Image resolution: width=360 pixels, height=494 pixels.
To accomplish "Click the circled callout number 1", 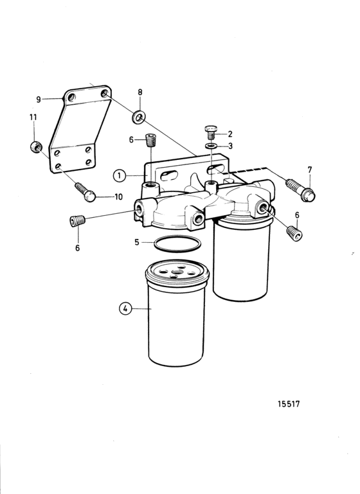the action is pyautogui.click(x=120, y=175).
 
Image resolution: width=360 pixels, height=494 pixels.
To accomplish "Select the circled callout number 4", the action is pyautogui.click(x=125, y=308).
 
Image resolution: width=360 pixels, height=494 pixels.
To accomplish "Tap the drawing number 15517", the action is pyautogui.click(x=289, y=403).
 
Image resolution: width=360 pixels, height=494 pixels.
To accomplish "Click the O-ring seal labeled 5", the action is pyautogui.click(x=177, y=243).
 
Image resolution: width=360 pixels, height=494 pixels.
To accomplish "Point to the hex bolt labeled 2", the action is pyautogui.click(x=211, y=132).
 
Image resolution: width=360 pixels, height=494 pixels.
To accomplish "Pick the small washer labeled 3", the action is pyautogui.click(x=211, y=146).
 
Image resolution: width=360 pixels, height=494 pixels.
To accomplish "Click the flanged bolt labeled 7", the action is pyautogui.click(x=300, y=190).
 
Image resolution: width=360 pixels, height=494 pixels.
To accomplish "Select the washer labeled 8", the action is pyautogui.click(x=138, y=117).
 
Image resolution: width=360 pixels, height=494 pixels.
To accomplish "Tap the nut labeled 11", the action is pyautogui.click(x=36, y=147).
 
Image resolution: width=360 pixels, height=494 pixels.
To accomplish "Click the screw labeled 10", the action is pyautogui.click(x=85, y=192).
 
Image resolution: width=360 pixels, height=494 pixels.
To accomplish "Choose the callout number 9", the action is pyautogui.click(x=39, y=100).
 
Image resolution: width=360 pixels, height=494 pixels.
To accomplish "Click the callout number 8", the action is pyautogui.click(x=140, y=92).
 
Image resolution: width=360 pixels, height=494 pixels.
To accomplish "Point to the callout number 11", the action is pyautogui.click(x=33, y=117).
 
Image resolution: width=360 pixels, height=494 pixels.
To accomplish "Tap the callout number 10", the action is pyautogui.click(x=118, y=197).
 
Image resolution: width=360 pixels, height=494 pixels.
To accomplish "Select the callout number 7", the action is pyautogui.click(x=310, y=170).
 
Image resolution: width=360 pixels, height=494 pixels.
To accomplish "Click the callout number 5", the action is pyautogui.click(x=137, y=242).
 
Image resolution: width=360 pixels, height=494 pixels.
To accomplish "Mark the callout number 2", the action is pyautogui.click(x=230, y=134).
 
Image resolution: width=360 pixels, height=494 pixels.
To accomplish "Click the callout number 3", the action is pyautogui.click(x=230, y=146).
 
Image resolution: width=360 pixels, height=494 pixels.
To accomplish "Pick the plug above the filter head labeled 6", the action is pyautogui.click(x=151, y=140).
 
